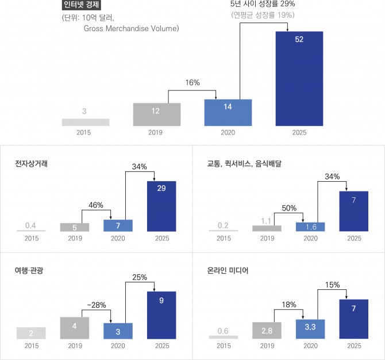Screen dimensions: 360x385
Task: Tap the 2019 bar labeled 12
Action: [x=156, y=114]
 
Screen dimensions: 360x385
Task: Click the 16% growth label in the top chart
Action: [x=192, y=83]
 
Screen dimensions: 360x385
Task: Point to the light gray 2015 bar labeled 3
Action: [x=85, y=122]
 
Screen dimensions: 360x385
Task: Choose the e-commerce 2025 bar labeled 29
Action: [x=163, y=206]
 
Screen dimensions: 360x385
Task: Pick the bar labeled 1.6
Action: [x=310, y=227]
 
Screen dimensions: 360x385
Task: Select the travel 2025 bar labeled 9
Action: [x=163, y=315]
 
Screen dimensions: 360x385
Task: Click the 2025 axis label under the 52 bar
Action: [x=299, y=133]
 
